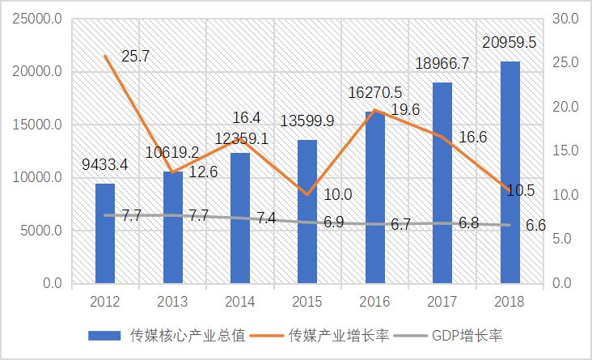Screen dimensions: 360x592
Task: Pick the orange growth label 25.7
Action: (136, 57)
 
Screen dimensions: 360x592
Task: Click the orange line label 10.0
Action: (337, 194)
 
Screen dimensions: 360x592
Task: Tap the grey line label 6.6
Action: (536, 226)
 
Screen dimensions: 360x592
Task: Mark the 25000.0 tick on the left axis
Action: (36, 19)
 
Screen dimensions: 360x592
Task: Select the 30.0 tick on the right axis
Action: (565, 19)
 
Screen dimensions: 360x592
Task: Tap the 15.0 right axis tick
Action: (565, 151)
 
